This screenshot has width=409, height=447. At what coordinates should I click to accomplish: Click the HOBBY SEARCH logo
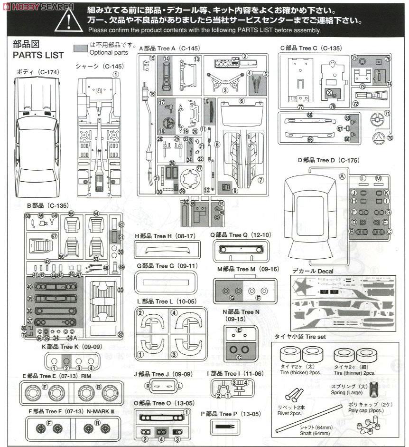click(37, 6)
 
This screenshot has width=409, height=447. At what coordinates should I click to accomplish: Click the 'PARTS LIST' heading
click(38, 55)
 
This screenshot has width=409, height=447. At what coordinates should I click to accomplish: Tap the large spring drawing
click(374, 388)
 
